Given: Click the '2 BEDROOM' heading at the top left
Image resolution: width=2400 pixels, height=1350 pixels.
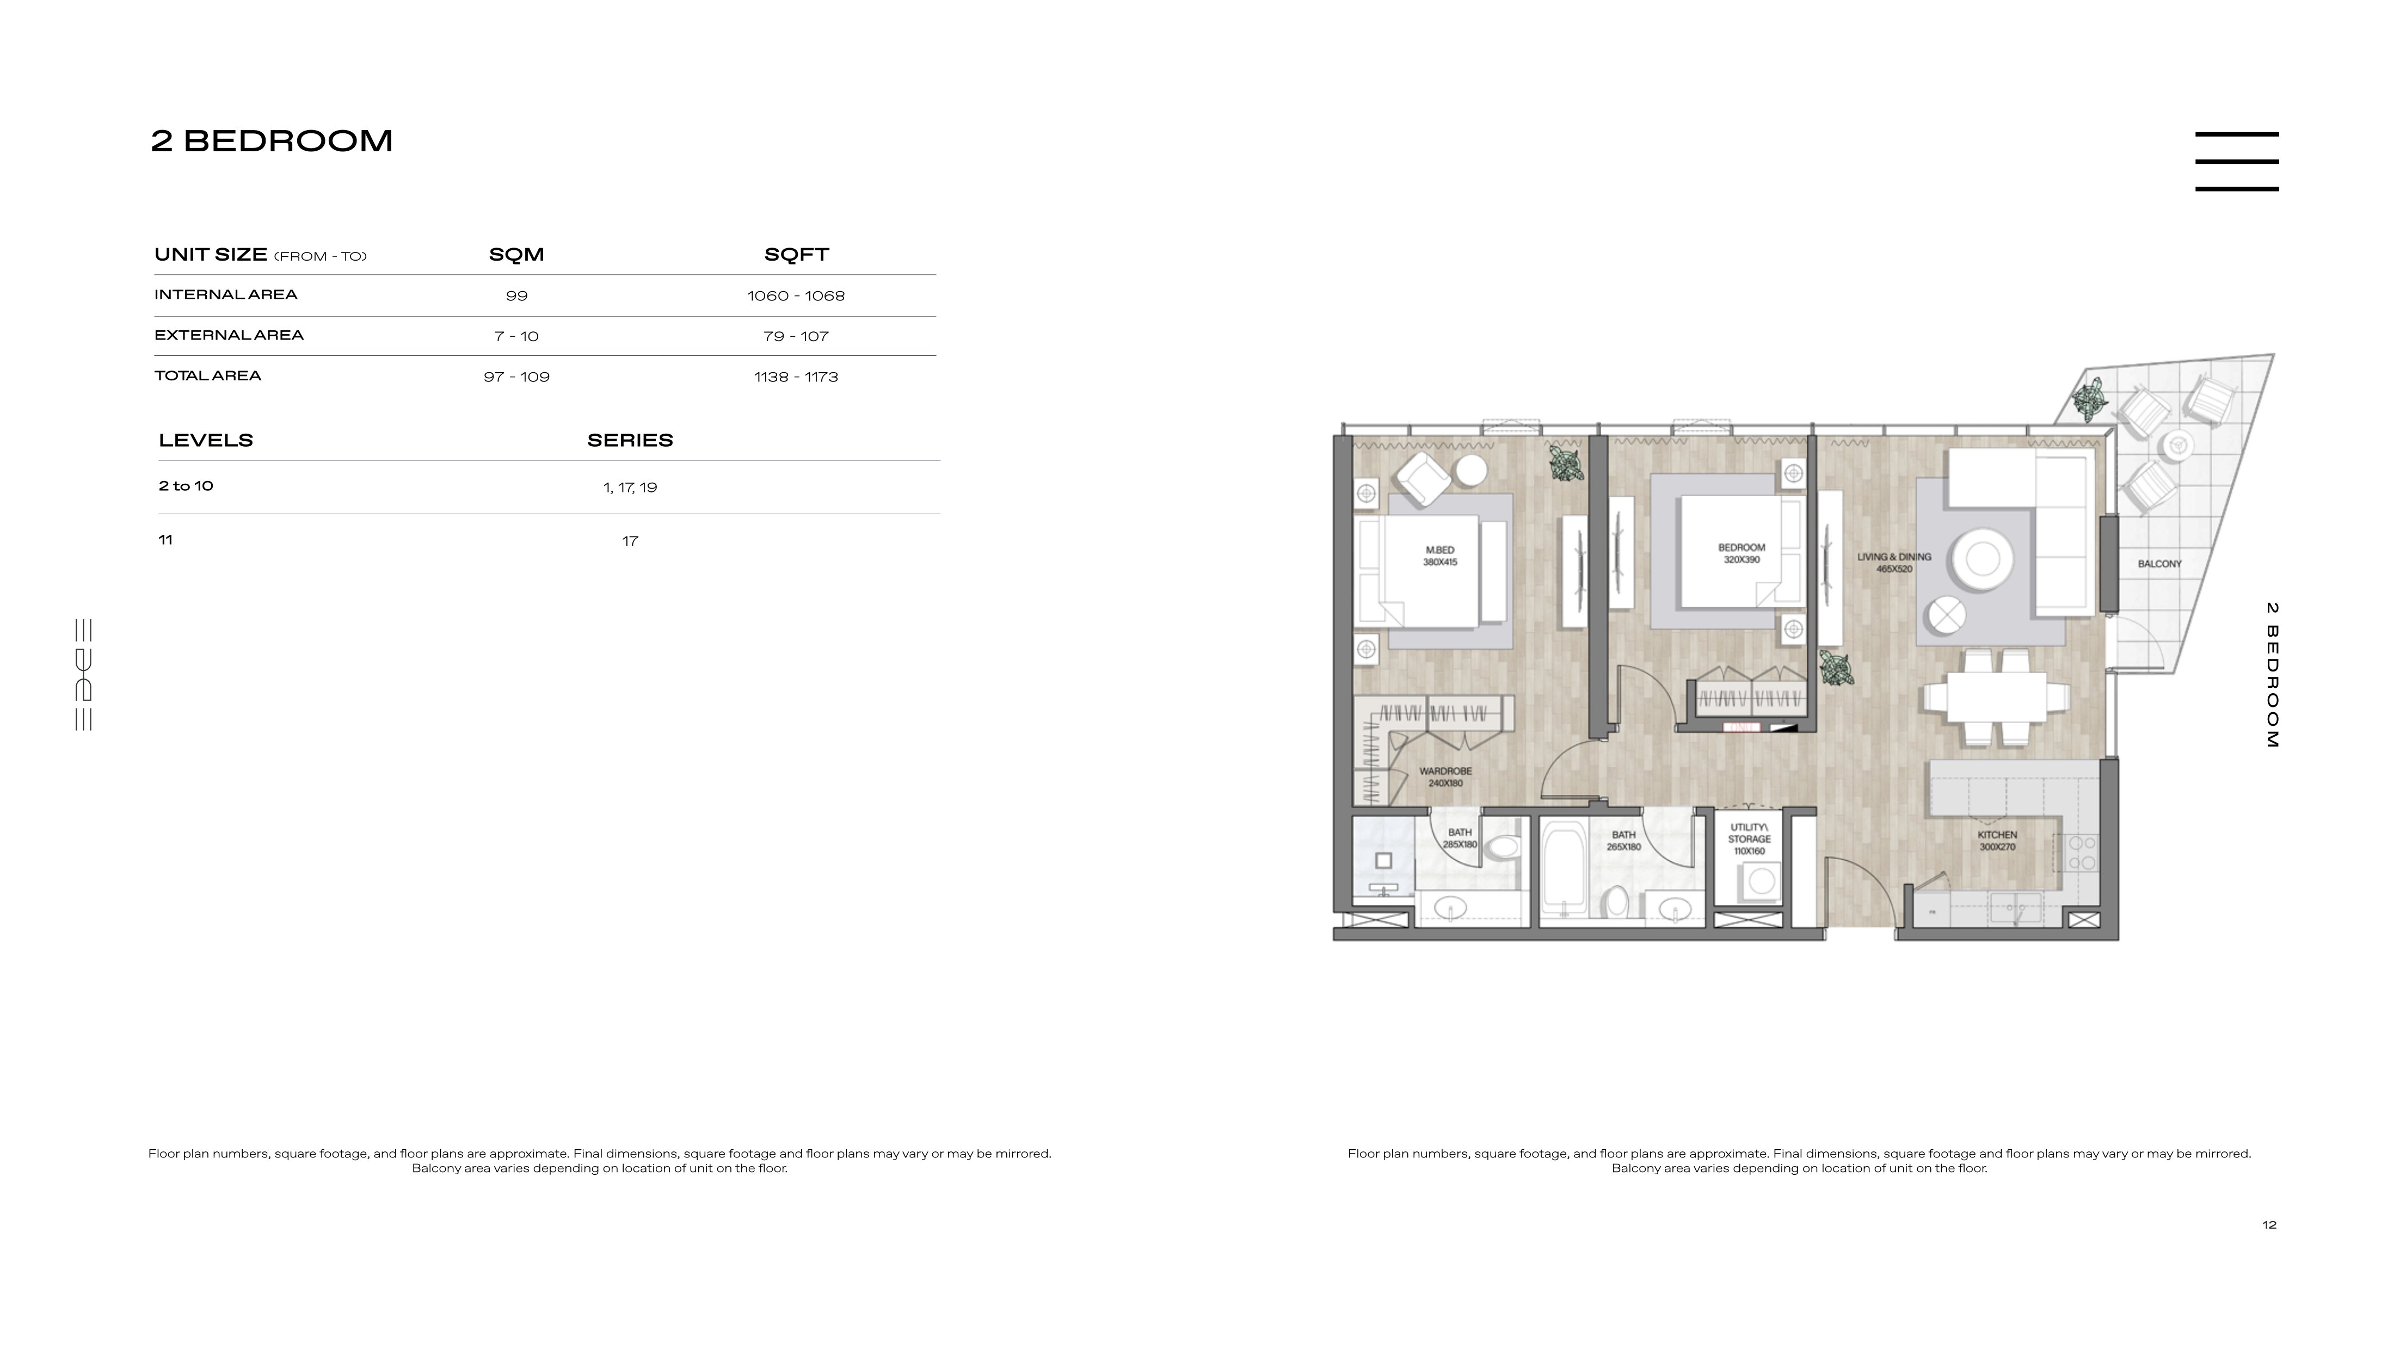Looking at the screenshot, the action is [x=272, y=141].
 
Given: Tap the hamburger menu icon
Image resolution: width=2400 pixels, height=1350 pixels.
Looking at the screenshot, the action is [x=2237, y=161].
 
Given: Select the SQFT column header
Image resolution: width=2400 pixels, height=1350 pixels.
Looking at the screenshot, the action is [x=797, y=254].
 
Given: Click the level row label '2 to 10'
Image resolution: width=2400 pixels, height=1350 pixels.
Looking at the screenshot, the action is [x=186, y=485].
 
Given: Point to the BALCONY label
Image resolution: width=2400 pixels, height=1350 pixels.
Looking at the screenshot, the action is [x=2159, y=564].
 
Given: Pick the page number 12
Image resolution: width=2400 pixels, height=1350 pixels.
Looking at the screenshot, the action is [x=2269, y=1225].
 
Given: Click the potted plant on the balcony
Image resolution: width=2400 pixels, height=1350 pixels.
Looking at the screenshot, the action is [x=2090, y=399].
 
